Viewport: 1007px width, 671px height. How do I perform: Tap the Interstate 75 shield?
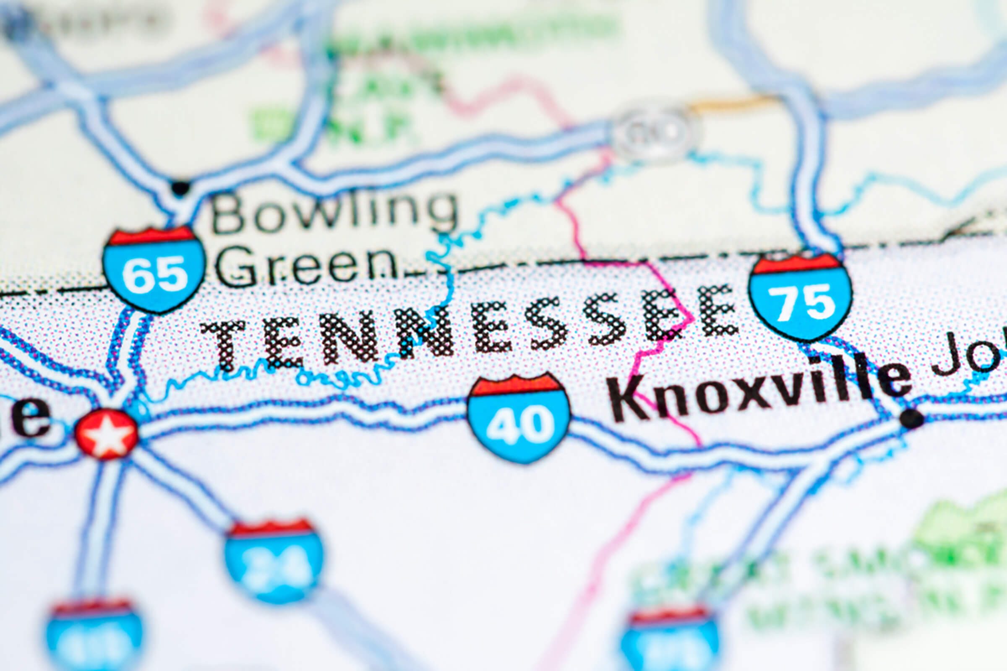[x=801, y=296]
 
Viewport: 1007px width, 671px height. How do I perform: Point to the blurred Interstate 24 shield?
[x=274, y=561]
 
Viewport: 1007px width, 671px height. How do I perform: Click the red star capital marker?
[x=107, y=434]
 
